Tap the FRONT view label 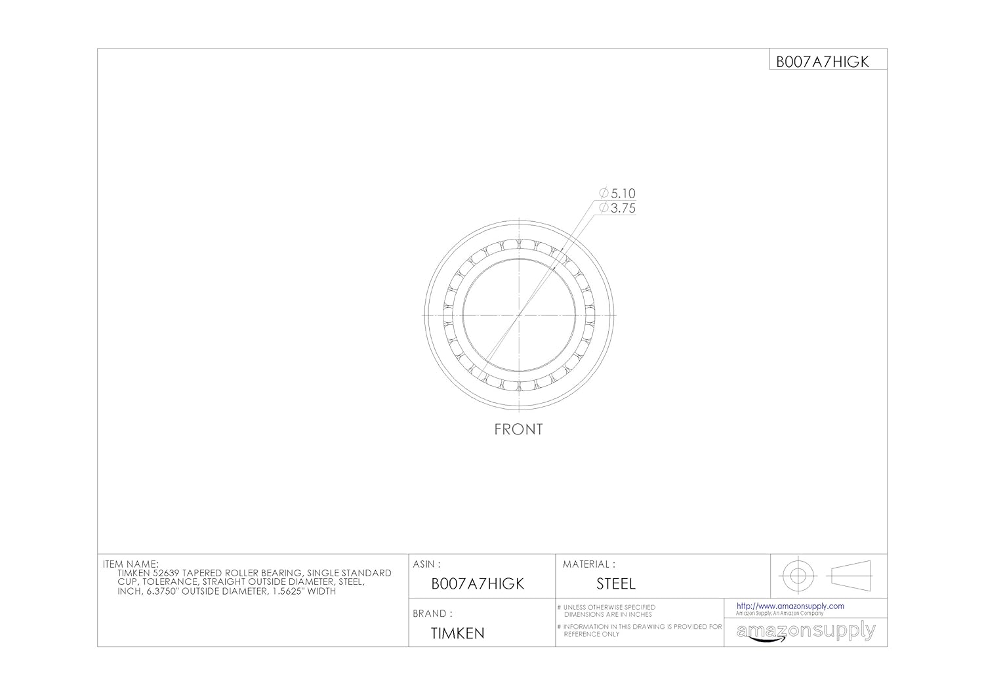(518, 430)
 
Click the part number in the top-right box (823, 62)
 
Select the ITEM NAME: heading (131, 564)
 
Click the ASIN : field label (426, 564)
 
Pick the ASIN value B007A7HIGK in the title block (478, 584)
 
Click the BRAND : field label (433, 614)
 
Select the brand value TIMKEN (457, 634)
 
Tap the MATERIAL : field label (588, 564)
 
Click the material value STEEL (615, 584)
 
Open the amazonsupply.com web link (790, 606)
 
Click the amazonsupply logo (806, 632)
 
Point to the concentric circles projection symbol (798, 576)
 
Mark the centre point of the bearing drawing (519, 315)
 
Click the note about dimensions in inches (609, 611)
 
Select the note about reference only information (642, 630)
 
